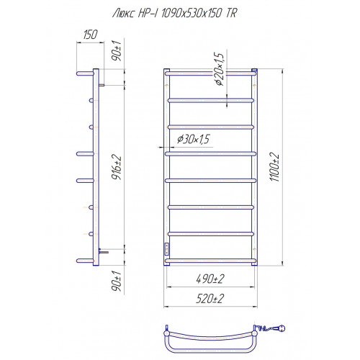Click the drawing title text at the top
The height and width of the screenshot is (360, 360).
tap(174, 13)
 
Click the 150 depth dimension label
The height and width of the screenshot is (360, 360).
tap(90, 35)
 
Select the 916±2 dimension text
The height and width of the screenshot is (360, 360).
tap(117, 168)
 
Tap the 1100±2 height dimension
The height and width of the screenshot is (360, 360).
tap(274, 167)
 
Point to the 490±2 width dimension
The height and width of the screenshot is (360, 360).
tap(210, 279)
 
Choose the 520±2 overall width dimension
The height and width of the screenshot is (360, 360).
tap(210, 299)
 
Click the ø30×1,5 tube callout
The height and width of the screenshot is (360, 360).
tap(194, 139)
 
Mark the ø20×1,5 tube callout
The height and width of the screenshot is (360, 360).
tap(219, 69)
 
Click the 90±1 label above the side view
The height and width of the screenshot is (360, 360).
tap(117, 50)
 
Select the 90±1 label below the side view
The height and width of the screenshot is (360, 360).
tap(117, 282)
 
